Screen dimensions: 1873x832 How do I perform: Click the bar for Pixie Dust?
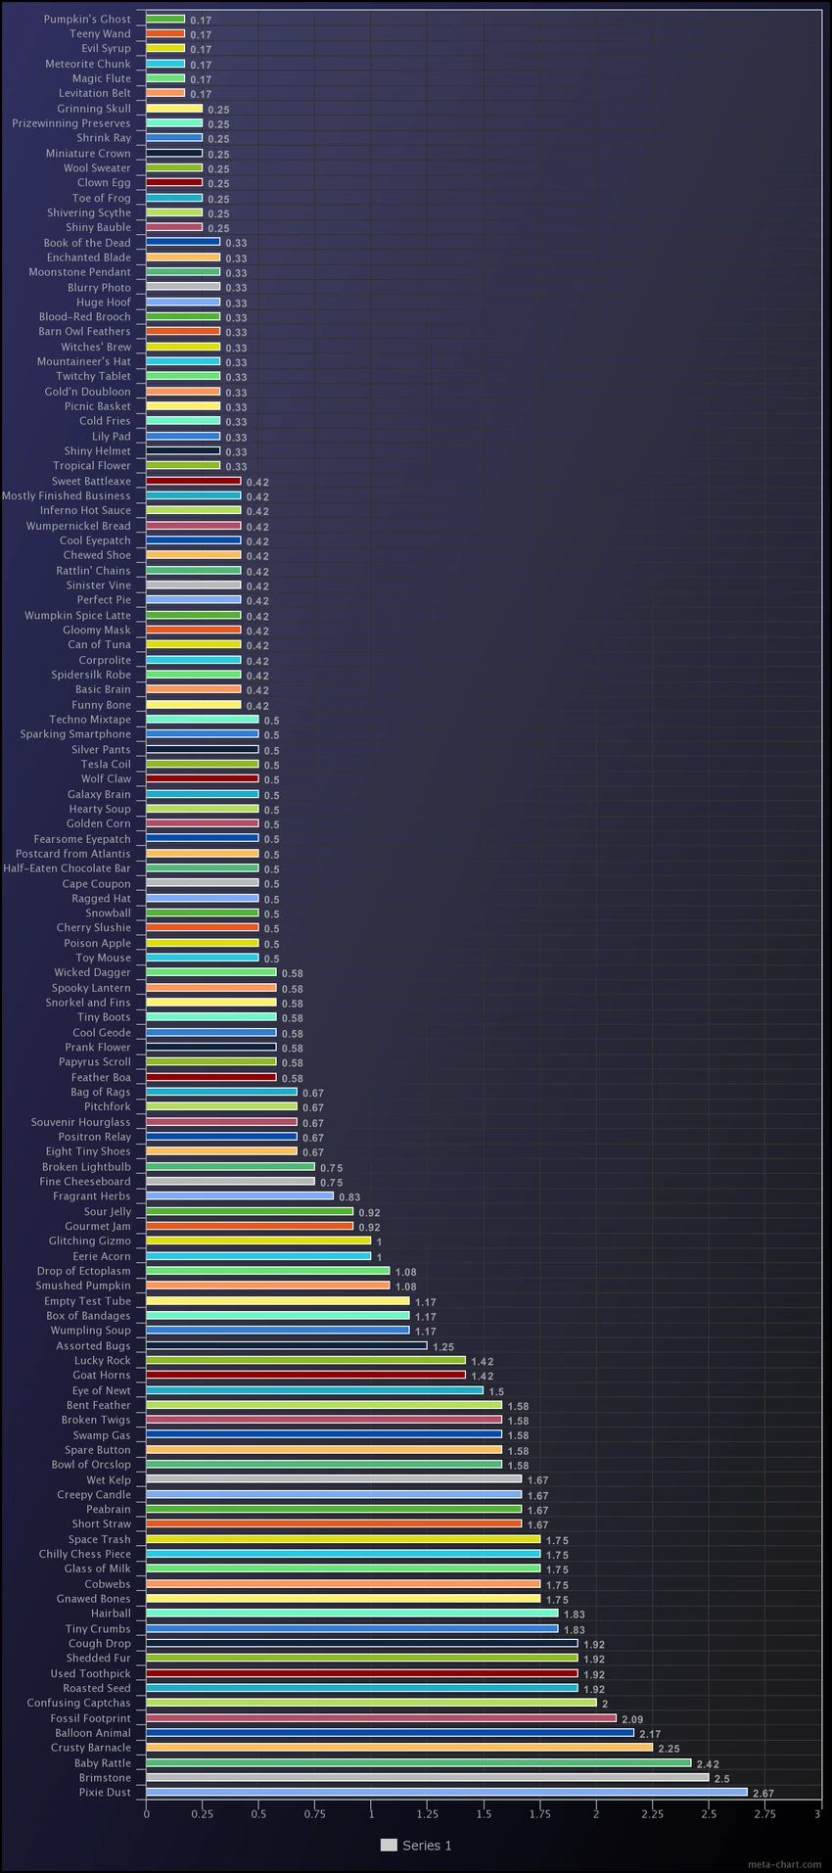point(446,1792)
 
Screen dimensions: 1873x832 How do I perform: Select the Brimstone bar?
point(427,1777)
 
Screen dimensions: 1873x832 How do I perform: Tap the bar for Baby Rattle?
point(418,1762)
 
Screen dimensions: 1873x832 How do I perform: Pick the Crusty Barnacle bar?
point(399,1748)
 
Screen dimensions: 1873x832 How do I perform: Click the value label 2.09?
point(632,1718)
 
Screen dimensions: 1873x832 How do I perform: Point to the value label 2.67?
point(763,1793)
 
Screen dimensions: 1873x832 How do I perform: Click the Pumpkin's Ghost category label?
point(87,20)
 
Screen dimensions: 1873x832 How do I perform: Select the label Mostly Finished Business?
point(66,495)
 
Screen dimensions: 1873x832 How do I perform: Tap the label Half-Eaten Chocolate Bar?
point(67,868)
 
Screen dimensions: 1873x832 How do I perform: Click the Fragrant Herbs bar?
point(240,1195)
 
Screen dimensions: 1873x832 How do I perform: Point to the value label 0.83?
point(349,1196)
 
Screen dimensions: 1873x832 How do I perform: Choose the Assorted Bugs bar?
point(287,1345)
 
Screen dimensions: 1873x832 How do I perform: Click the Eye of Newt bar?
point(314,1390)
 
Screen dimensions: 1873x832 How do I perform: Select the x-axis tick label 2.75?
point(764,1813)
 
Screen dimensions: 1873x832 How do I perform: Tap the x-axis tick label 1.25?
point(427,1813)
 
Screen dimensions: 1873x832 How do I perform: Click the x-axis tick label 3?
point(818,1813)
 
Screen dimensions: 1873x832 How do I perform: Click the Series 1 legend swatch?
point(389,1845)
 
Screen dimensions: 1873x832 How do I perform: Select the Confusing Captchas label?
point(78,1703)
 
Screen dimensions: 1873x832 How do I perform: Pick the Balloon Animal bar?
point(390,1732)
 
